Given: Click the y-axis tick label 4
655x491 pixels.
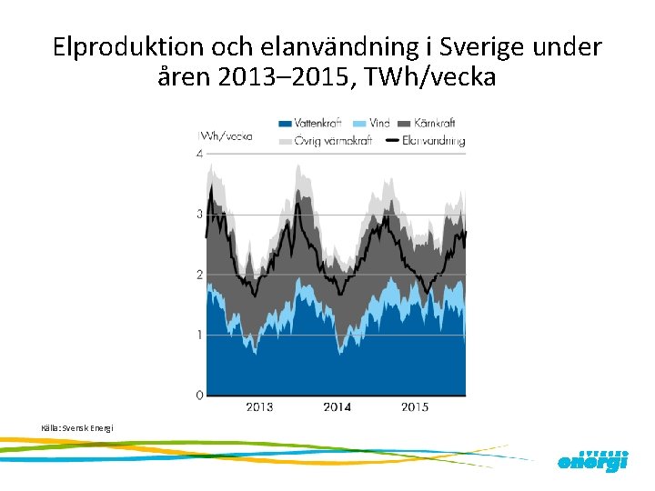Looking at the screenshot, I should point(199,155).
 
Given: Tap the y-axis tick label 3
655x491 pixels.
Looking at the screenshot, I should point(199,215).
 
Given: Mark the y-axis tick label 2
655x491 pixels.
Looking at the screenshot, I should point(199,275).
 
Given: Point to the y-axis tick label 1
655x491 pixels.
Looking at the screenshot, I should point(199,336).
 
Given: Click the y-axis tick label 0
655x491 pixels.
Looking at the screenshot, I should point(199,396).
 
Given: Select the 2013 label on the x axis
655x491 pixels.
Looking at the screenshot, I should point(259,406).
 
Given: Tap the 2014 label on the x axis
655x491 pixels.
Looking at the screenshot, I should point(337,406).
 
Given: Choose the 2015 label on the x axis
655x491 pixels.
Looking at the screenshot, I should point(415,406).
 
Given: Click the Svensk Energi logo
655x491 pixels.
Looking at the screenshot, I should point(592,460).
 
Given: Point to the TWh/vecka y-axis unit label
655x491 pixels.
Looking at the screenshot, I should point(226,136).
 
